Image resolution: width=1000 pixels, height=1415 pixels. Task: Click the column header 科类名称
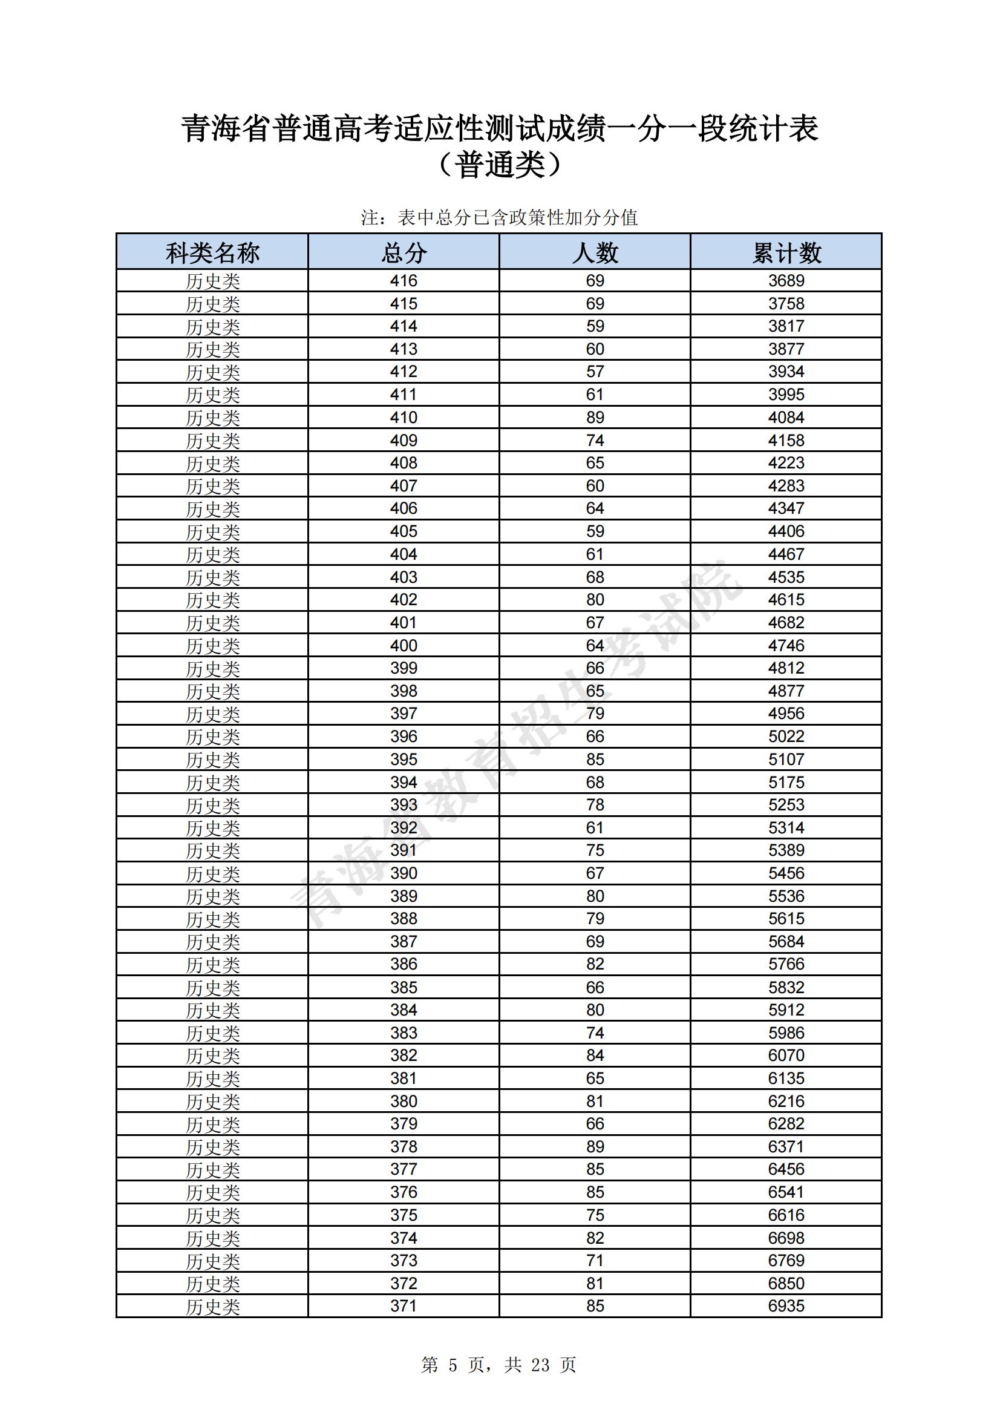(212, 253)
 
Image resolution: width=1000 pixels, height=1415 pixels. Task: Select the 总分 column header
(404, 253)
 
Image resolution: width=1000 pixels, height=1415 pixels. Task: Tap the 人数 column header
(595, 253)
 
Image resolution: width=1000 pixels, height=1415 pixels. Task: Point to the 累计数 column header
(786, 253)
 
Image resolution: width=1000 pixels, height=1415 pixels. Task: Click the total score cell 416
(404, 281)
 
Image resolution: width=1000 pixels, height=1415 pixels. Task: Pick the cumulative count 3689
(786, 281)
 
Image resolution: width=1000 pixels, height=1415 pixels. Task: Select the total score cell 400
(404, 645)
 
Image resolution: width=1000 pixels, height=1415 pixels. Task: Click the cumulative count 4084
(786, 417)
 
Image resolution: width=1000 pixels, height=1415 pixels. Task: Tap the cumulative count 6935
(786, 1306)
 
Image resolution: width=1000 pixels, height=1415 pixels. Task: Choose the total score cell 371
(404, 1306)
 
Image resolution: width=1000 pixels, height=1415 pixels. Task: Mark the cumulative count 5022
(786, 737)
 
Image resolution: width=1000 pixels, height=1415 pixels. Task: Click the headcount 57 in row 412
(595, 372)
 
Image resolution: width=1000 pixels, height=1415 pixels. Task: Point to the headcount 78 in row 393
(595, 805)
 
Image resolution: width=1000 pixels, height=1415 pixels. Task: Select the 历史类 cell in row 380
(212, 1101)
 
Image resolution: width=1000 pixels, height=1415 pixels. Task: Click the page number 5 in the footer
(454, 1365)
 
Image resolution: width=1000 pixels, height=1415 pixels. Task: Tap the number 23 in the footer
(540, 1365)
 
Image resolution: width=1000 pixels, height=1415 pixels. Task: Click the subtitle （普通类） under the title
(500, 165)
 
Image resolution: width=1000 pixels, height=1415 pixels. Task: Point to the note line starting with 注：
(499, 217)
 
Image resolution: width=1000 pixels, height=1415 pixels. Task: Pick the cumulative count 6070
(786, 1056)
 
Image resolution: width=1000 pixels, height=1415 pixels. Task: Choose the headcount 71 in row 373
(595, 1260)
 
